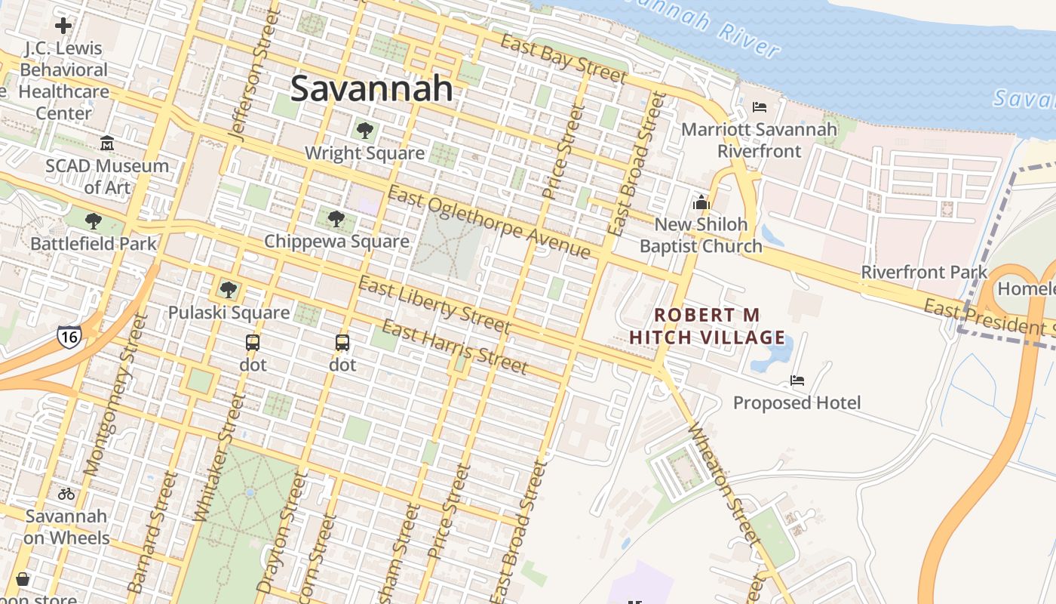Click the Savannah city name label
click(x=371, y=88)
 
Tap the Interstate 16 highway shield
click(x=69, y=337)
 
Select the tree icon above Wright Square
click(x=365, y=131)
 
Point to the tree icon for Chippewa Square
click(x=336, y=219)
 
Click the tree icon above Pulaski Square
click(x=229, y=290)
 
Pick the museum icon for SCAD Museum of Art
click(x=107, y=143)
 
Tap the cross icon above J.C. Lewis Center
click(x=63, y=26)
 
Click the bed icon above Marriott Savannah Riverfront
click(x=760, y=107)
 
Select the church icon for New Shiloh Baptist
click(x=701, y=202)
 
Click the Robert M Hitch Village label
click(x=707, y=325)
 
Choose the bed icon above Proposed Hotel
click(x=797, y=380)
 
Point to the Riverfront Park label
click(x=924, y=272)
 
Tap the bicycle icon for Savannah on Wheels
click(x=66, y=494)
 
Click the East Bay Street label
click(x=563, y=59)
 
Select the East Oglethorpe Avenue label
click(x=489, y=223)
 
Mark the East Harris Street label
click(x=454, y=347)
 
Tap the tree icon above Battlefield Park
click(x=94, y=221)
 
